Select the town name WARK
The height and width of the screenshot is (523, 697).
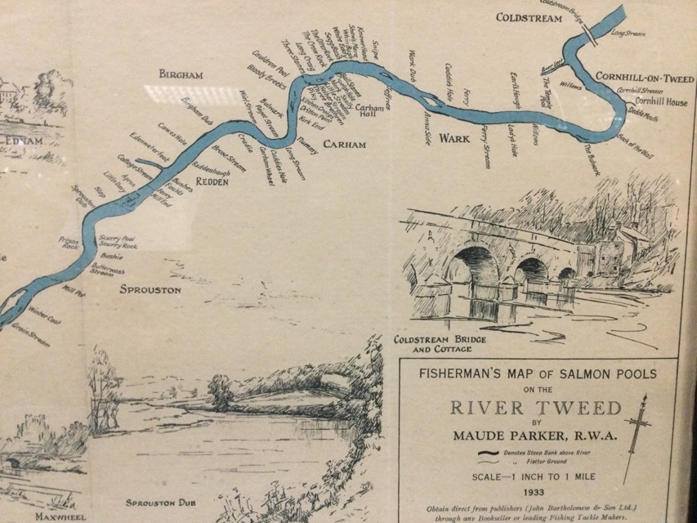455,139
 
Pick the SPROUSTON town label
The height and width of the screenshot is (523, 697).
150,289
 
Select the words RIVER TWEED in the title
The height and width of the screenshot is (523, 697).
535,409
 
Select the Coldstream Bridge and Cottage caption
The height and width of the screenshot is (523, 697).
433,344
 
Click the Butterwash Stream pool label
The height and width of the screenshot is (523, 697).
108,270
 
